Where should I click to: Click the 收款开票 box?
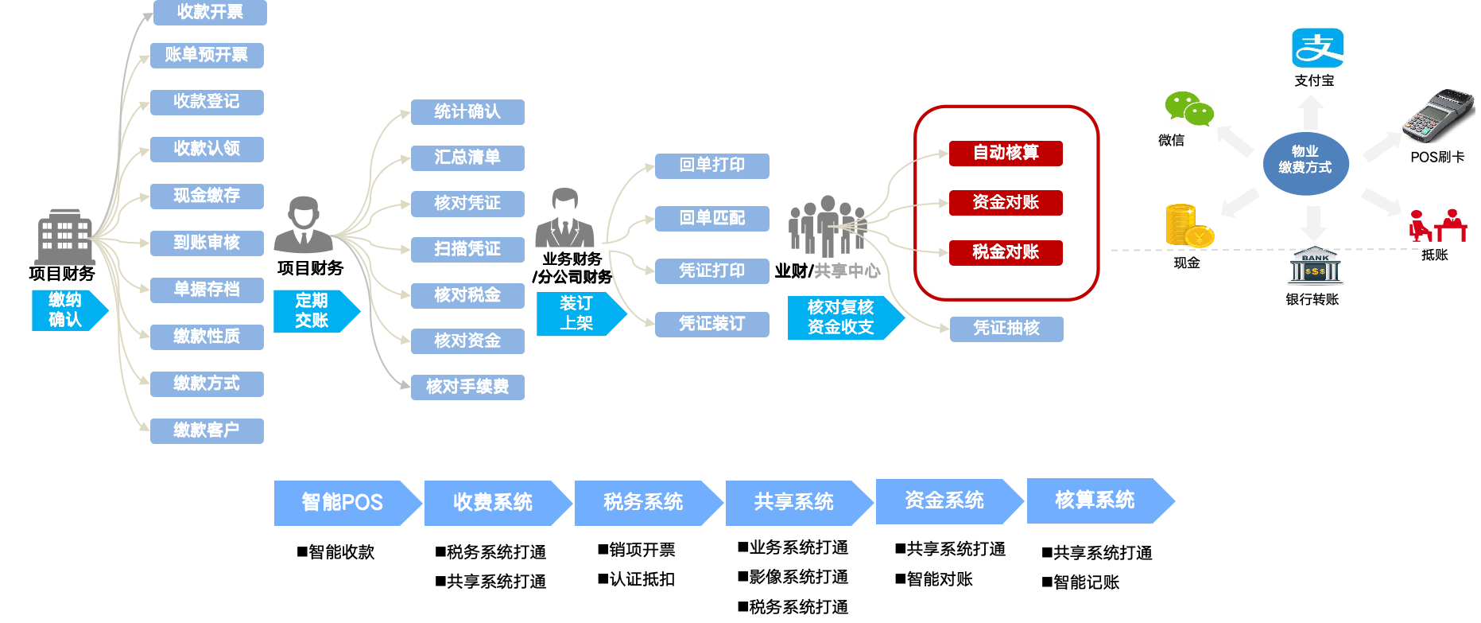[210, 12]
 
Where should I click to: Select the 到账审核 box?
[207, 243]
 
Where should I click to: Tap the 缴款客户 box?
[207, 430]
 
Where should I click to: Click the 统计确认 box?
[467, 111]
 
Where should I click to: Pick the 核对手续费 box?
[467, 387]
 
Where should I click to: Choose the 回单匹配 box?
[711, 218]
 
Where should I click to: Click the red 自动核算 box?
[1006, 153]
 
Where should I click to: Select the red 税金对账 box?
[1006, 252]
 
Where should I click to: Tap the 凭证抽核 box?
[1006, 329]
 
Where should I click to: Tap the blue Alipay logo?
[1317, 48]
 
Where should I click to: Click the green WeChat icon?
[1189, 109]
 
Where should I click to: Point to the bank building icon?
[1315, 266]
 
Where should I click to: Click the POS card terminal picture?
[1437, 115]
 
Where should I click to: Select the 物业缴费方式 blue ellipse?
[1305, 161]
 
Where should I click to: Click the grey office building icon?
[65, 236]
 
